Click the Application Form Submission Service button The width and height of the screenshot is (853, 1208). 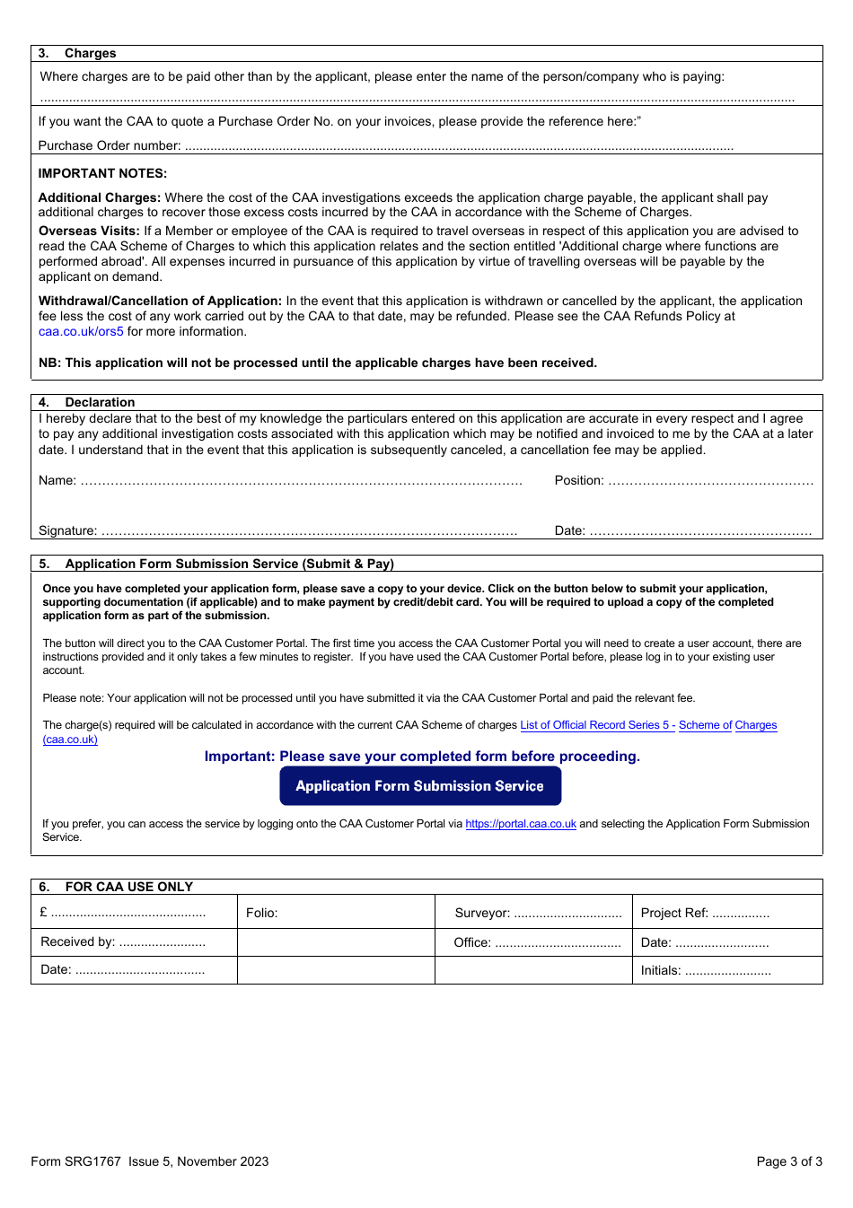(420, 786)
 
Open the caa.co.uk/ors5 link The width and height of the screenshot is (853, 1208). (81, 332)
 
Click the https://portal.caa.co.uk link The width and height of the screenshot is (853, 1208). (520, 824)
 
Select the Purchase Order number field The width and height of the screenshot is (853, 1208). (458, 146)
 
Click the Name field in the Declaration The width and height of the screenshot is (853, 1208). (301, 481)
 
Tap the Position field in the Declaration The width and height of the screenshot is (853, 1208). (709, 481)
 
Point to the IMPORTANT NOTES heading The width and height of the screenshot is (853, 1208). (102, 174)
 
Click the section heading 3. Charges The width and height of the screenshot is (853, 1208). (78, 54)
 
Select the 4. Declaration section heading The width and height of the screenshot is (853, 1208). (87, 403)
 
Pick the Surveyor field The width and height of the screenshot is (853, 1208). (567, 914)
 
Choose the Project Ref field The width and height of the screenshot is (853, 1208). (740, 914)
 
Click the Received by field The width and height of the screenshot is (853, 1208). (162, 942)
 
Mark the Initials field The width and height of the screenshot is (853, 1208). (727, 971)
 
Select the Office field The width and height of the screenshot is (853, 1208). (557, 943)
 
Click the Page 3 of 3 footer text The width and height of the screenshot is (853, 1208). (788, 1161)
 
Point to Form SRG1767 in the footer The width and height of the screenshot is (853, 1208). (75, 1161)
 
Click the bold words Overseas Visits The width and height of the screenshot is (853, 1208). (88, 232)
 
